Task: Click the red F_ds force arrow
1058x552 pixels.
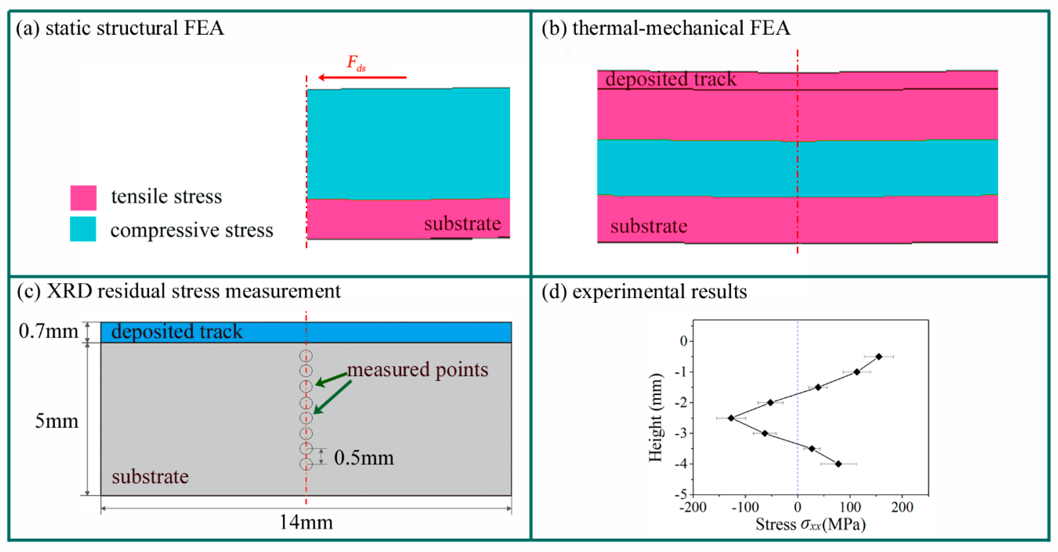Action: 362,77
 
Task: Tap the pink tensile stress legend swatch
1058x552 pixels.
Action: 83,198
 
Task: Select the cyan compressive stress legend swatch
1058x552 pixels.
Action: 83,229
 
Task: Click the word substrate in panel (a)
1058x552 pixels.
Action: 462,224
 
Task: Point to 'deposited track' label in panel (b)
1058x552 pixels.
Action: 671,79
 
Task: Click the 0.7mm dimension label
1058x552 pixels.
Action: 48,331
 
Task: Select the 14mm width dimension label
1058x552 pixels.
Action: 306,522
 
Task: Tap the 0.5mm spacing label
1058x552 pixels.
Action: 363,458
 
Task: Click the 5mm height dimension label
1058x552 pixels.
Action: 56,421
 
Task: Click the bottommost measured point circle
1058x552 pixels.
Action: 306,464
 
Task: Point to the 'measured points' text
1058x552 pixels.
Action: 418,370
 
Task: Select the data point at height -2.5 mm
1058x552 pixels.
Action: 731,418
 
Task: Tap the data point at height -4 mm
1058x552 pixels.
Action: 838,464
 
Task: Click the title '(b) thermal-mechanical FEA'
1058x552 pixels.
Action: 665,28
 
